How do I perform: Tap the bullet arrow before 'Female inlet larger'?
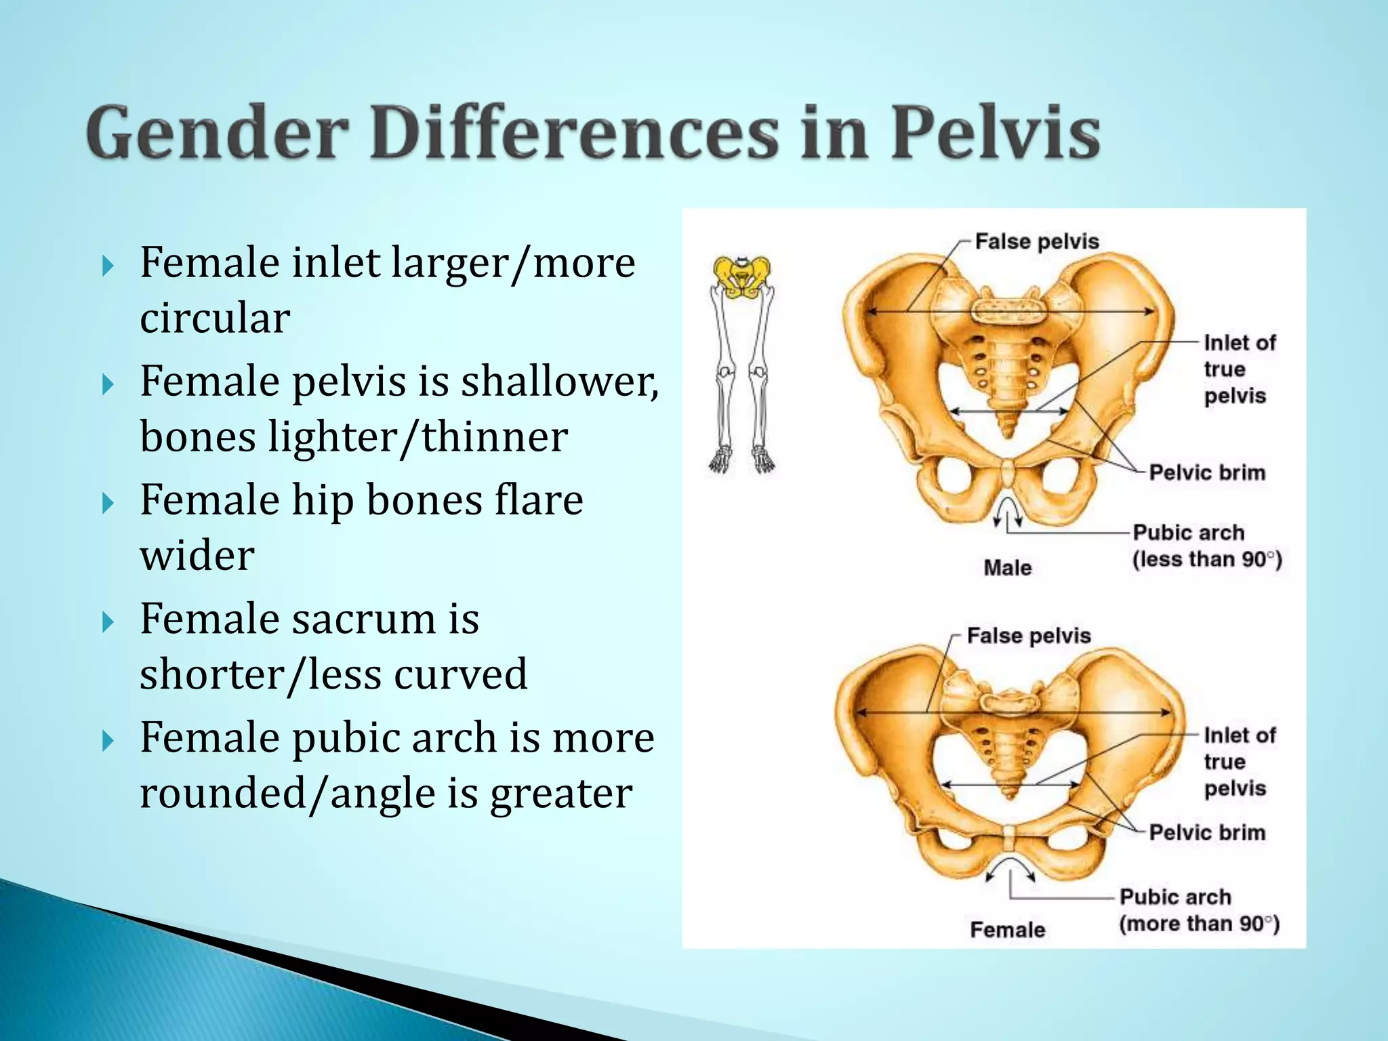108,266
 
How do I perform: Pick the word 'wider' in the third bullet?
197,555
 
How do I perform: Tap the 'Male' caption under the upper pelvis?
1007,567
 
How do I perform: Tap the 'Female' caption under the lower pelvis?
1007,929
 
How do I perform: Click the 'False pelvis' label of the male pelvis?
1036,241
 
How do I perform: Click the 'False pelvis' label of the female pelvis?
1028,636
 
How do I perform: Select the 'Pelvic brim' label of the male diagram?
1207,472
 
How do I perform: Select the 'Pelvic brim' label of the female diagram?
1207,832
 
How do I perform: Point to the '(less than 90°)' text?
1207,560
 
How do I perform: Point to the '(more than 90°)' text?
1199,924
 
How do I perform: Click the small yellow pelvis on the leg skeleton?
742,277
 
